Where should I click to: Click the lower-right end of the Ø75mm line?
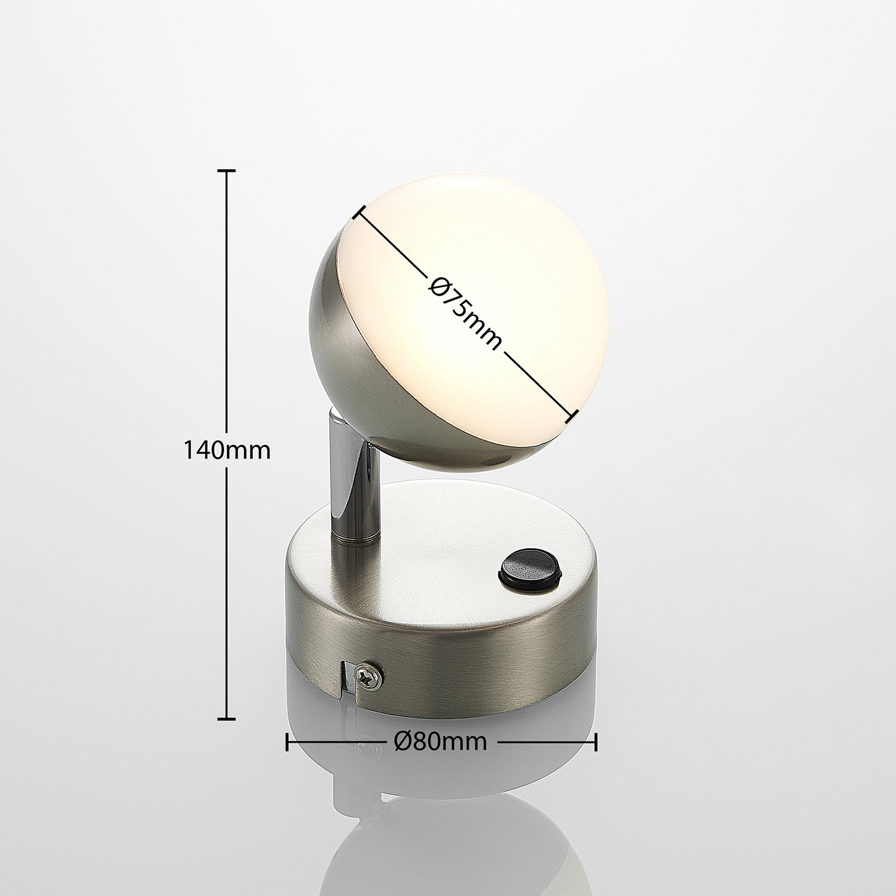point(573,415)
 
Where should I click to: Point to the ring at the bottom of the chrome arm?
point(355,540)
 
